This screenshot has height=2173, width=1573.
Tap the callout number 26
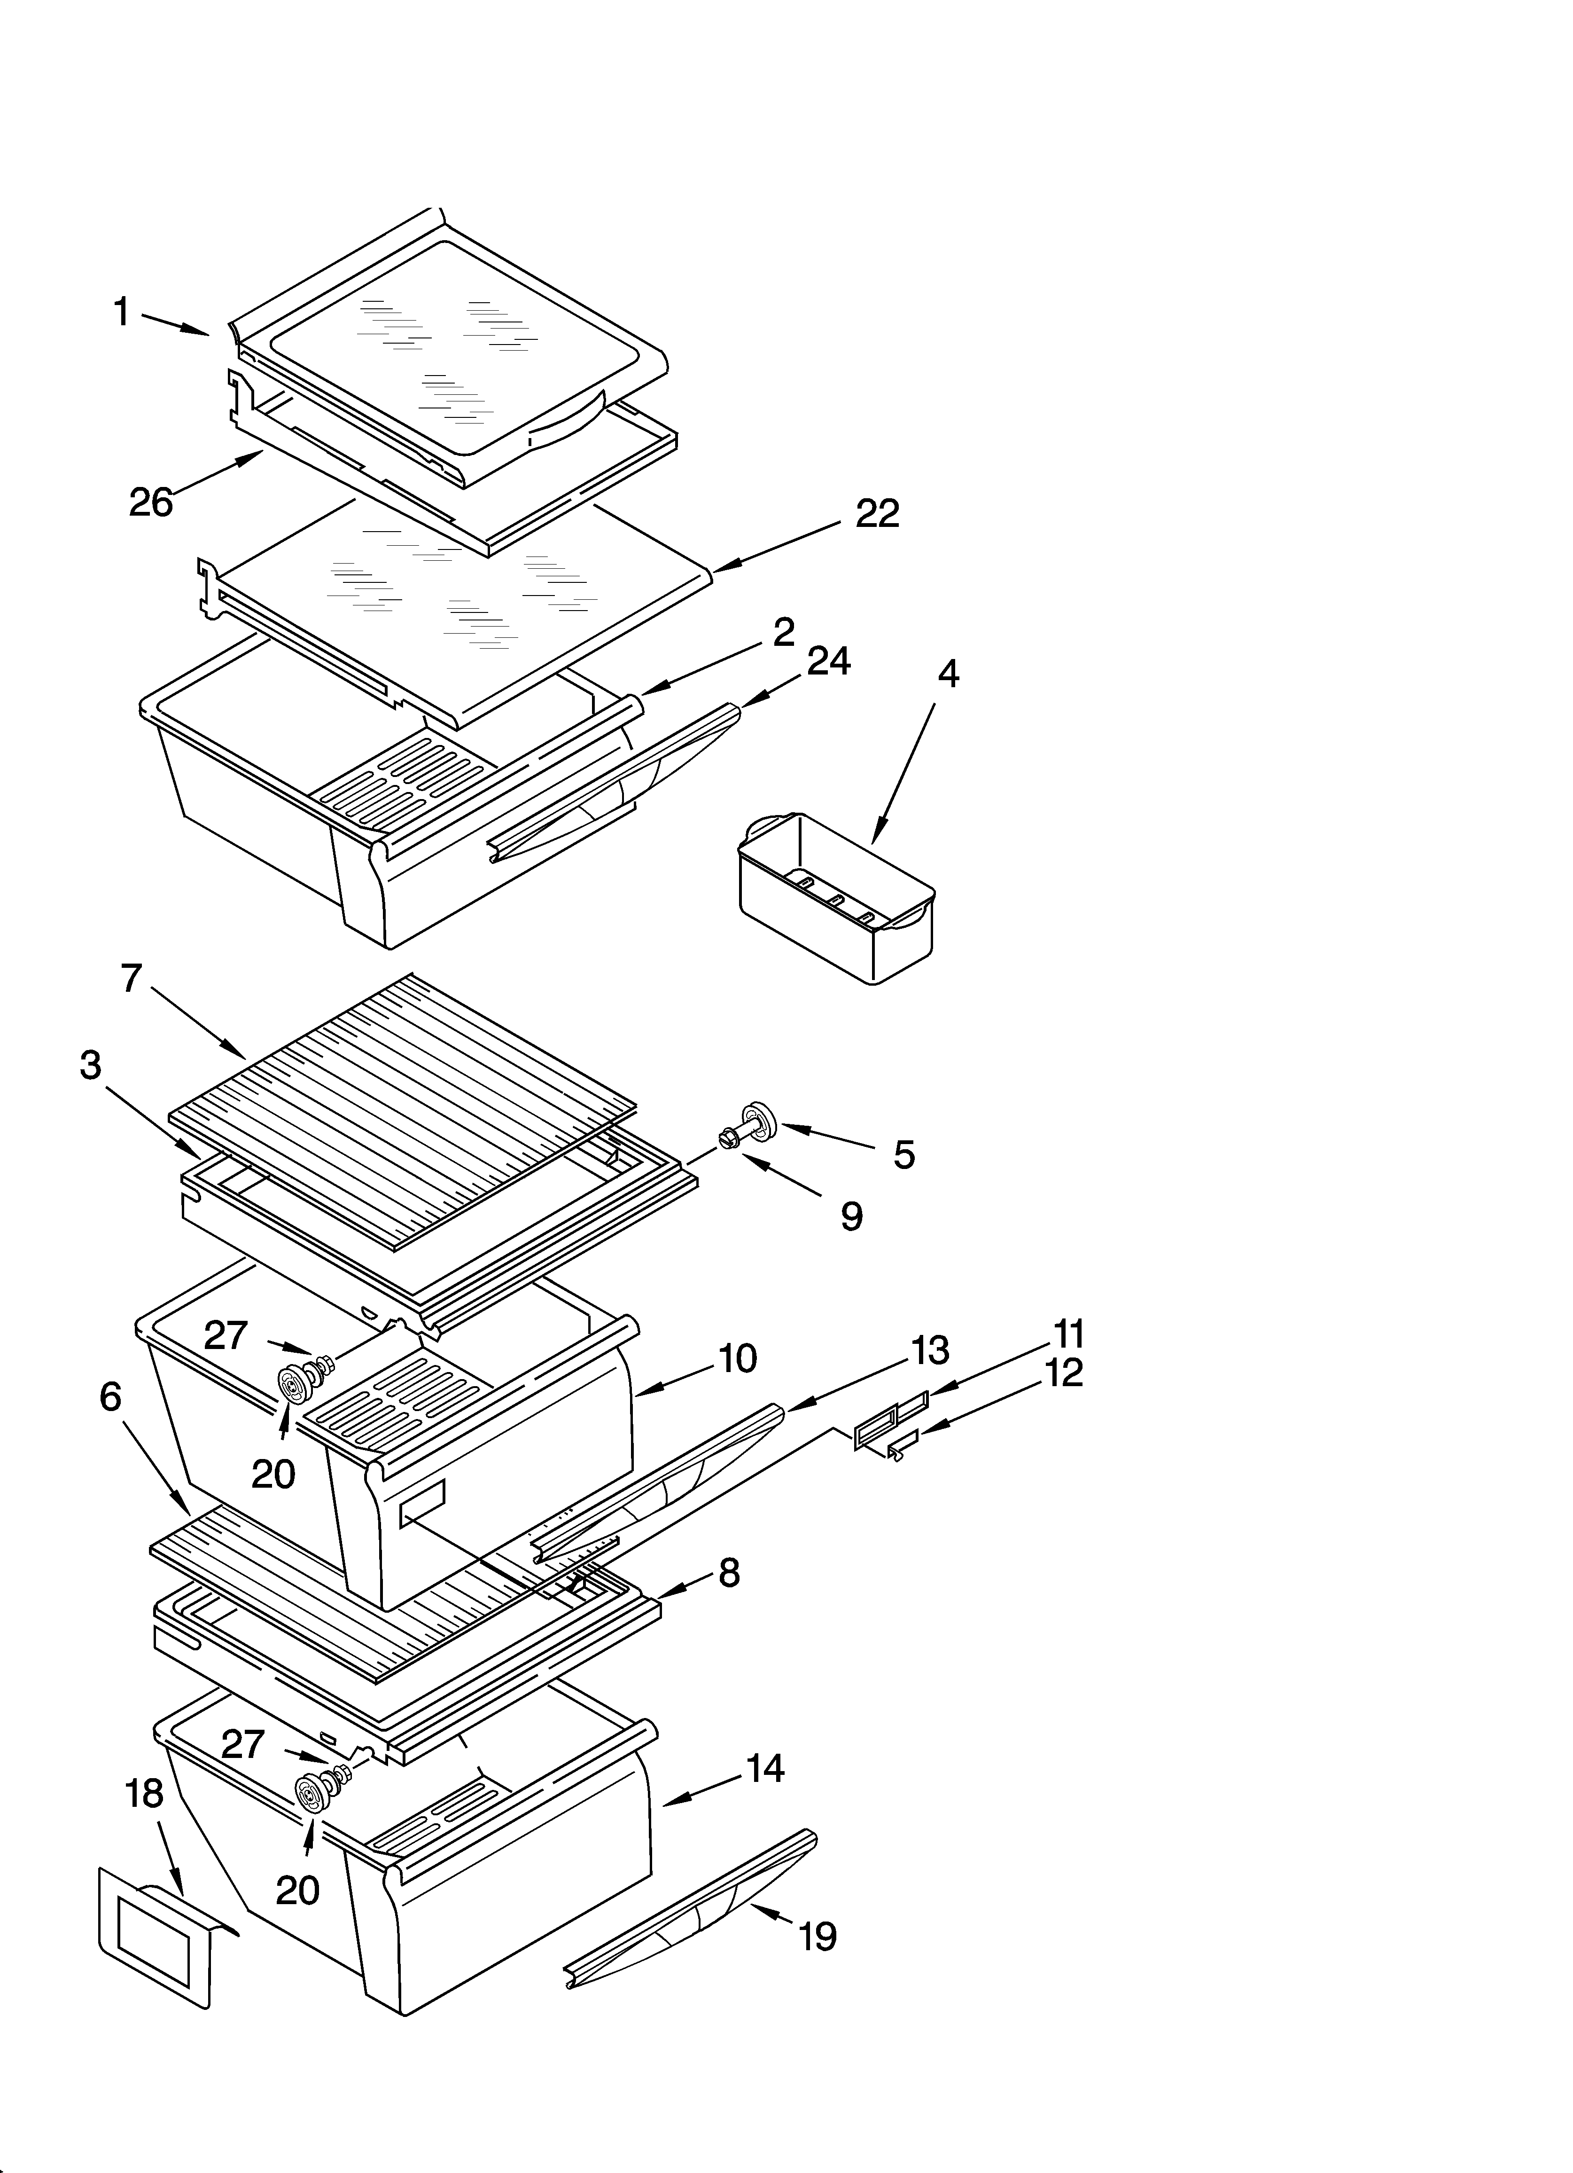click(151, 502)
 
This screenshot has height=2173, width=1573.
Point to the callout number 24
click(829, 661)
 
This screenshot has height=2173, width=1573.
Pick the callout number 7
click(131, 978)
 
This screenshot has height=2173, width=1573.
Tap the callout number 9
click(852, 1217)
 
